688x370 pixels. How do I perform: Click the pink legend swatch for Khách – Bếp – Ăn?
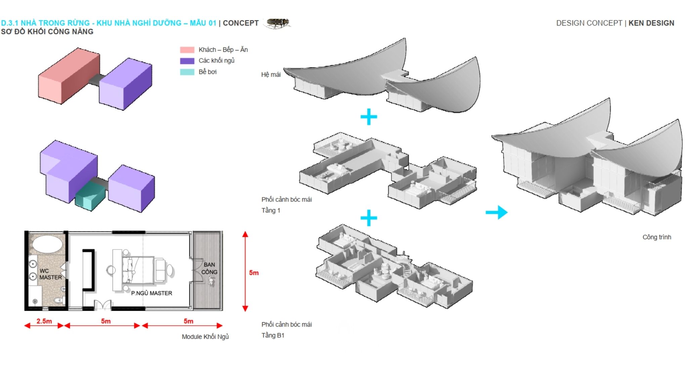[187, 50]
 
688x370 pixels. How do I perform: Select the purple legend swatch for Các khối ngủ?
[187, 61]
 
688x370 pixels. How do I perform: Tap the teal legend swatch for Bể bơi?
[187, 72]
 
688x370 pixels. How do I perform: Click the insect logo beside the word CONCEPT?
[277, 23]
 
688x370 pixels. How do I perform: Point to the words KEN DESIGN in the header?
[651, 23]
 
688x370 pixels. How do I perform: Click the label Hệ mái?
[271, 75]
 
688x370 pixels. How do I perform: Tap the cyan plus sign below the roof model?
[369, 117]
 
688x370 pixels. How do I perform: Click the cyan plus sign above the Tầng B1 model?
[369, 218]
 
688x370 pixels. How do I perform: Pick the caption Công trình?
[657, 237]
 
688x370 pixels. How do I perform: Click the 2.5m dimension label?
[44, 321]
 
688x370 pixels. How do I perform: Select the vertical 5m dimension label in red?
[254, 273]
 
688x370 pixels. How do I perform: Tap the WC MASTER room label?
[50, 274]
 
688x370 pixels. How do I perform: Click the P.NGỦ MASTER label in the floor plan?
[152, 293]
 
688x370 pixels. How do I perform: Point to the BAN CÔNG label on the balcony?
[209, 268]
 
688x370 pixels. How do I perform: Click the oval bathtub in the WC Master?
[47, 244]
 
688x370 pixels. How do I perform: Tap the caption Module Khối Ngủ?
[205, 337]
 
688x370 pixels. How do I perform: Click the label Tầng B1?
[273, 335]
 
